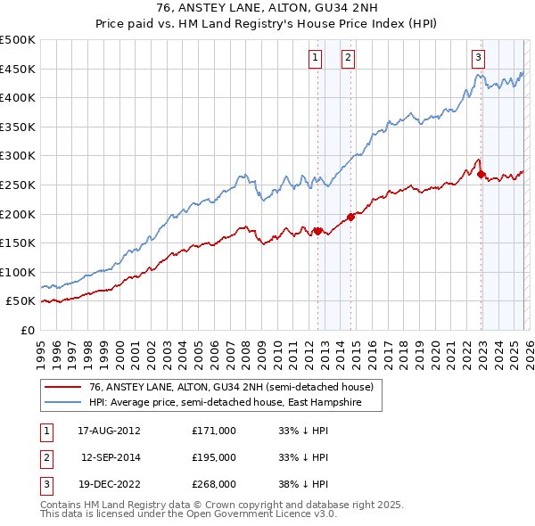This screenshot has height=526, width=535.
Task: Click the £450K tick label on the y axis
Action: coord(18,69)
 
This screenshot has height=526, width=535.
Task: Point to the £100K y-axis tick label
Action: coord(18,272)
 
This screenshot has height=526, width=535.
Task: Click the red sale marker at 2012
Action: coord(317,231)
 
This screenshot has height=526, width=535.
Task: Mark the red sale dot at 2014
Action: coord(350,217)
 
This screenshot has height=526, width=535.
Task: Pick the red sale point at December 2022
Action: coord(481,175)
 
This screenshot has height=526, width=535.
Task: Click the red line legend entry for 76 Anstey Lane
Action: coord(223,387)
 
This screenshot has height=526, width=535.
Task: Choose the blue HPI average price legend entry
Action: coord(222,402)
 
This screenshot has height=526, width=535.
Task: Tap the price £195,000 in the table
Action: coord(214,457)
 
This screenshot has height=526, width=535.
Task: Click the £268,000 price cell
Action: coord(214,485)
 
